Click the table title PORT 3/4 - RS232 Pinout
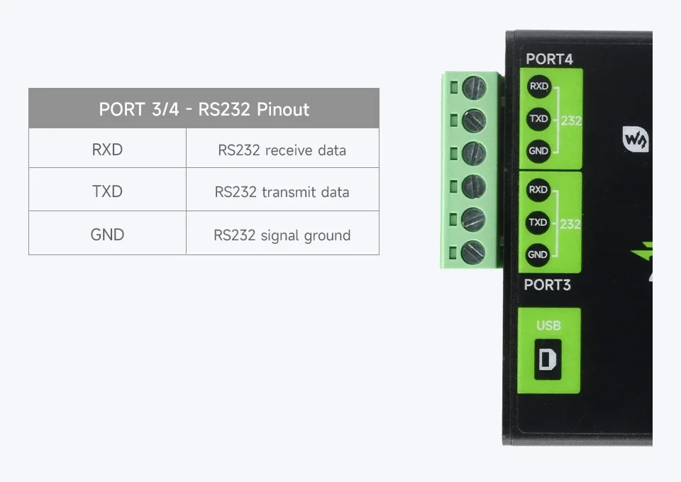coord(204,109)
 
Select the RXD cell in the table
coord(107,150)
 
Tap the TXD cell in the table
coord(107,191)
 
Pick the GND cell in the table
coord(107,234)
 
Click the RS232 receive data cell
coord(282,150)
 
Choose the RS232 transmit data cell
coord(282,192)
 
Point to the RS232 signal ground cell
coord(282,235)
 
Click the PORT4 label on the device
coord(548,60)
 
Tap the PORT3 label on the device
coord(547,285)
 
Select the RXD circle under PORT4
coord(538,86)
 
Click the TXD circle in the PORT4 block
coord(538,119)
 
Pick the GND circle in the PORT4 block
coord(538,151)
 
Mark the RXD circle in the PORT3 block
coord(538,190)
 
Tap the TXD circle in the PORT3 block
coord(538,223)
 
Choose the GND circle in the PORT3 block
coord(538,254)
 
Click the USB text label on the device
coord(548,325)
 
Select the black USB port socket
coord(548,359)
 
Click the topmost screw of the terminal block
coord(474,88)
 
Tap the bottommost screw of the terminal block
coord(473,252)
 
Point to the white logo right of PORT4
coord(636,139)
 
